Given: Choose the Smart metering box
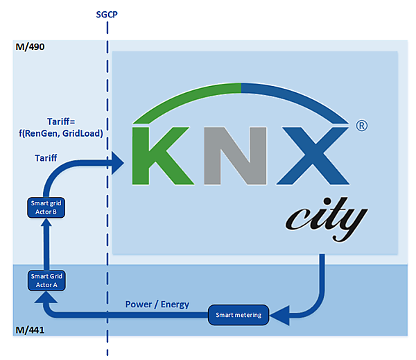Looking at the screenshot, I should (x=237, y=316).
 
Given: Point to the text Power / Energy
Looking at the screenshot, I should (x=158, y=305).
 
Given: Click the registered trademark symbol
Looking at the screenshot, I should (x=361, y=127).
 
